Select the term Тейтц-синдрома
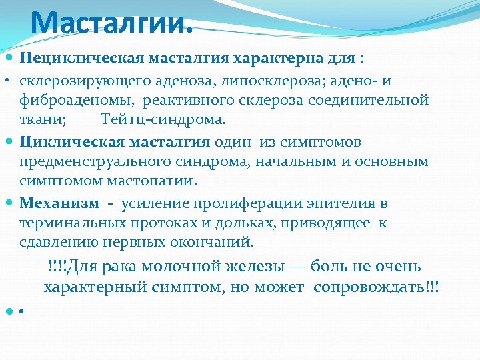point(163,120)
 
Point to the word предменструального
point(96,161)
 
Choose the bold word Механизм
point(59,203)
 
